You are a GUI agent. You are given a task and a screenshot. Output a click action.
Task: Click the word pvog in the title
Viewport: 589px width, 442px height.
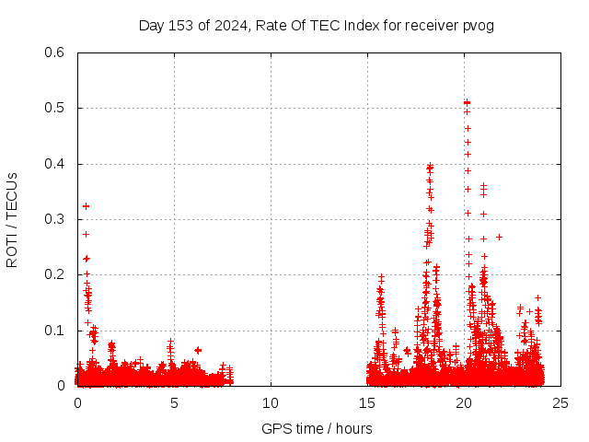(479, 26)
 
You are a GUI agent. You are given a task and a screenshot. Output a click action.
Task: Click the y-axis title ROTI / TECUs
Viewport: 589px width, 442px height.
(12, 219)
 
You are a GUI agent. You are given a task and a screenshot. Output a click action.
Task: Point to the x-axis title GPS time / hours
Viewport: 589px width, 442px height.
(317, 428)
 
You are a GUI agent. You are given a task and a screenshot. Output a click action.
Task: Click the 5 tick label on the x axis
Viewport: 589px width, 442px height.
(174, 402)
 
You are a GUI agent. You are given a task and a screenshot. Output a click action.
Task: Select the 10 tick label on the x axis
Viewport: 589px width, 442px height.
(271, 402)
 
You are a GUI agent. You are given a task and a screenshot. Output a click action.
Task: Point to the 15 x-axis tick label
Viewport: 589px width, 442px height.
(367, 402)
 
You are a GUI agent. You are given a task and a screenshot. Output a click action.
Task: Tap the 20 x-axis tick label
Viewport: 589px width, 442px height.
(464, 402)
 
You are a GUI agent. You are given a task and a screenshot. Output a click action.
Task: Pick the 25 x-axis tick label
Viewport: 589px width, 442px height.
(560, 402)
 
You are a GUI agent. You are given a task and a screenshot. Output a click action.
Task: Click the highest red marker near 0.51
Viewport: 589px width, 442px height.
(467, 102)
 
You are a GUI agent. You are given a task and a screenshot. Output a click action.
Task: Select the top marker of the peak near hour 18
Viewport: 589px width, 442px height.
(430, 167)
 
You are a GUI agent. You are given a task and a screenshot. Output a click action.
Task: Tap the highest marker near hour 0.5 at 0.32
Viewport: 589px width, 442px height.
(86, 206)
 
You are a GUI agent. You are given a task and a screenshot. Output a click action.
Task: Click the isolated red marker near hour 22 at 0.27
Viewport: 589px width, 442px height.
(499, 237)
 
